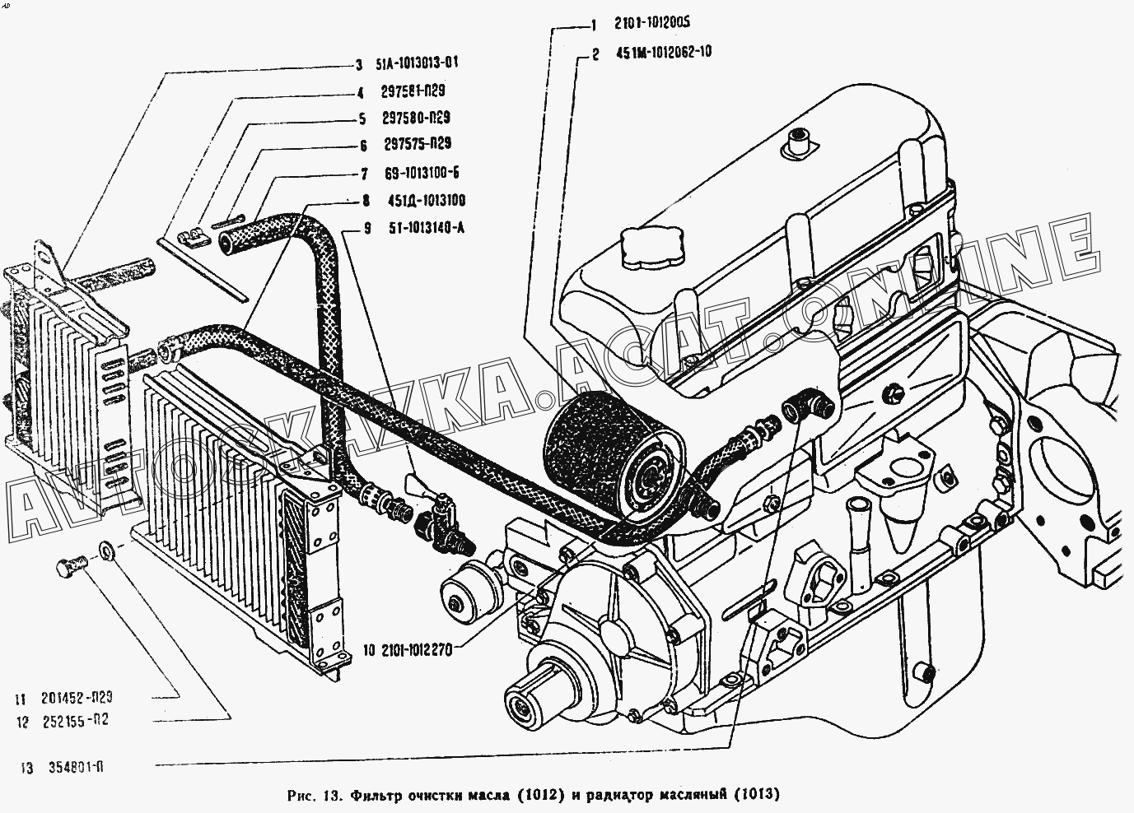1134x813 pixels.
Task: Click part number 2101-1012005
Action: point(652,23)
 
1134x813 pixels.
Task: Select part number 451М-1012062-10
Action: point(664,52)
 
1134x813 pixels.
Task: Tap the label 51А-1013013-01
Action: point(418,63)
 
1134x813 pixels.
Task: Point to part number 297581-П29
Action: point(413,91)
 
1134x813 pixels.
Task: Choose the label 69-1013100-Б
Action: point(421,173)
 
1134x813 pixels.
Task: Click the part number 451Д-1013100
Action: point(427,201)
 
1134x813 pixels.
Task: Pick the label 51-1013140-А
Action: point(427,228)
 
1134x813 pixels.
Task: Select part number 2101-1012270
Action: point(413,649)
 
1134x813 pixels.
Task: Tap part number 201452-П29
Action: point(77,698)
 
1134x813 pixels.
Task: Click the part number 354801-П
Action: point(76,768)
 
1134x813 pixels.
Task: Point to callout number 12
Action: point(22,722)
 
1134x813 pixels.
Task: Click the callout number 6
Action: point(363,146)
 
